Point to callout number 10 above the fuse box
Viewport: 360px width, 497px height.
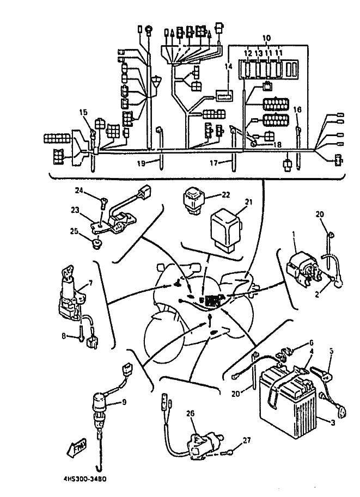pyautogui.click(x=266, y=38)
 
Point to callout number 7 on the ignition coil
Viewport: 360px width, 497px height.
pyautogui.click(x=90, y=283)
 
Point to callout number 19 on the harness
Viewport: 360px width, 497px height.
pyautogui.click(x=141, y=162)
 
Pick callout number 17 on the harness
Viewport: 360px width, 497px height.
pyautogui.click(x=213, y=162)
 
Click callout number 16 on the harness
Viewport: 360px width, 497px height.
pyautogui.click(x=297, y=109)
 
